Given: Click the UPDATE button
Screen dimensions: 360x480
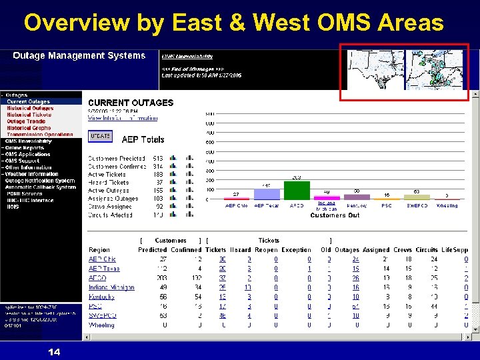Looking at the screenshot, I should (100, 135).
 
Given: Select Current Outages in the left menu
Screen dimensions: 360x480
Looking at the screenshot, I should (28, 101).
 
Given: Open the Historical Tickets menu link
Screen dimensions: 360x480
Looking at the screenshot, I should (29, 115).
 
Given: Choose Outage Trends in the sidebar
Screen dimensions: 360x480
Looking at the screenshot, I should (26, 121).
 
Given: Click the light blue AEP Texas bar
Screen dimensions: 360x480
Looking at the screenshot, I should (266, 194).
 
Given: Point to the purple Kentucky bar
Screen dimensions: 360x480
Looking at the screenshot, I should (357, 197).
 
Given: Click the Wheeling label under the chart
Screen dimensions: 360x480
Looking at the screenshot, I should (447, 206).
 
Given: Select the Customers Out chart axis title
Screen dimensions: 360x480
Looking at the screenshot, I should (335, 215).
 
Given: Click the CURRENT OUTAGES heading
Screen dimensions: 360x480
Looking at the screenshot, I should (131, 103).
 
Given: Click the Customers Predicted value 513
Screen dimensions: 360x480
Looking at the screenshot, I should (158, 159).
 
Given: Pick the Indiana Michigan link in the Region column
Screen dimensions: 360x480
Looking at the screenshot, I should (111, 287).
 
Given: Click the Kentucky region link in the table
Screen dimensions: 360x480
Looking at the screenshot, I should (101, 297).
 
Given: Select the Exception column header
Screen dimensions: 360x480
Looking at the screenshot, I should (296, 250).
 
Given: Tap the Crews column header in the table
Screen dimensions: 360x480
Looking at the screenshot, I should (402, 250).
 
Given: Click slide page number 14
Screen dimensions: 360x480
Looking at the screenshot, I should (54, 351).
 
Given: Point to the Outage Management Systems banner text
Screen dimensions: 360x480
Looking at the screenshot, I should (79, 55).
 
